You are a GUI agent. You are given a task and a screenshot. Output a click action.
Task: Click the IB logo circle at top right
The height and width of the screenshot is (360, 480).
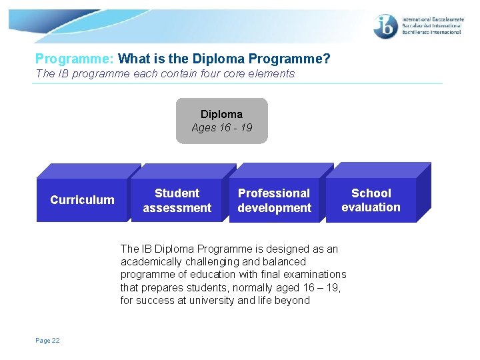(386, 27)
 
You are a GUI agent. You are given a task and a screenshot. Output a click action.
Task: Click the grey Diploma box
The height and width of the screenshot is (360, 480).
(221, 121)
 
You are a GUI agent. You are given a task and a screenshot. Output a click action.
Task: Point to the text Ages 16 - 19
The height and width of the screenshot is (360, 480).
(221, 127)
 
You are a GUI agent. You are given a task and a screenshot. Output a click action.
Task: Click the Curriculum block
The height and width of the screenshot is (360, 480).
(82, 200)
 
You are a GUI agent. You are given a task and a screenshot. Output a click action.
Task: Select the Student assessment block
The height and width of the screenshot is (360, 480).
(177, 201)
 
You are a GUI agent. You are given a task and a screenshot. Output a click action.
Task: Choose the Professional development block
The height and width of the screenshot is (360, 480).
(274, 201)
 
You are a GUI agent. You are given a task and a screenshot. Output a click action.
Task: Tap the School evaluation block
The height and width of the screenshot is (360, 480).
(371, 200)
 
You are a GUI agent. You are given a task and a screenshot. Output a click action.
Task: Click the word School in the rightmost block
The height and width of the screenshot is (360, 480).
(371, 193)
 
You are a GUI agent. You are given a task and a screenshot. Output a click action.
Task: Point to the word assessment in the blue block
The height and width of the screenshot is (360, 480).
(177, 208)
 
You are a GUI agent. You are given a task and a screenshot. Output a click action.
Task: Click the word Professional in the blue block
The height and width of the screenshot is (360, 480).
(274, 193)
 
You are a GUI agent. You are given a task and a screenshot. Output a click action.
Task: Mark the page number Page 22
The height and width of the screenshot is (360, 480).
(47, 341)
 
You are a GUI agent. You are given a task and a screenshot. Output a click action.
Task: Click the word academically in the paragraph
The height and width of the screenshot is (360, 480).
(151, 262)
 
